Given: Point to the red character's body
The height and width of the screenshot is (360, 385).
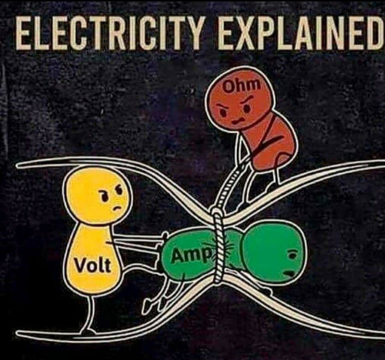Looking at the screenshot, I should coord(273,143).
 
